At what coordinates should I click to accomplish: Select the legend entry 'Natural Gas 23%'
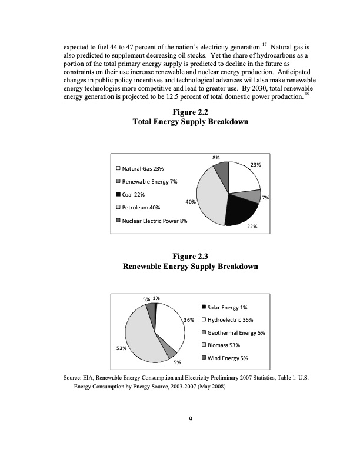click(x=143, y=169)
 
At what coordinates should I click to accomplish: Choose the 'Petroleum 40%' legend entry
click(x=142, y=207)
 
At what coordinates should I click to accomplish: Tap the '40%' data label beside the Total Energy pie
click(x=190, y=202)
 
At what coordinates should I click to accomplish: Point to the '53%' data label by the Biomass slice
click(x=121, y=348)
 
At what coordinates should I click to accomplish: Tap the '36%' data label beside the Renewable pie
click(x=189, y=320)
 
